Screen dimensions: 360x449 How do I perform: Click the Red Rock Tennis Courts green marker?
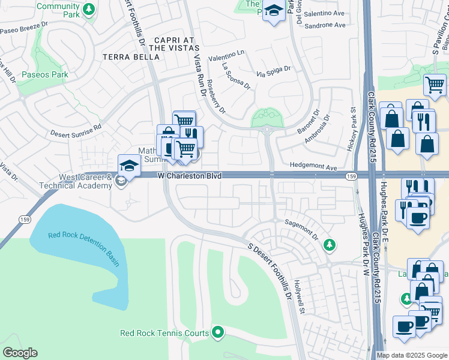218,332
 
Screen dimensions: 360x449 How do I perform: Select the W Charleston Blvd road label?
190,176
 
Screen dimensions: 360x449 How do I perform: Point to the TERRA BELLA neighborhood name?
131,57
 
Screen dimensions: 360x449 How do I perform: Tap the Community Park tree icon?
89,9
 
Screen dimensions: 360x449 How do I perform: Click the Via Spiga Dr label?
274,71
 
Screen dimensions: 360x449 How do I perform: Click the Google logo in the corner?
20,353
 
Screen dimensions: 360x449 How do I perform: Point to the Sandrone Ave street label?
325,26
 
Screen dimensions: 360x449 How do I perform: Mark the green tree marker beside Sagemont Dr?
328,244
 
